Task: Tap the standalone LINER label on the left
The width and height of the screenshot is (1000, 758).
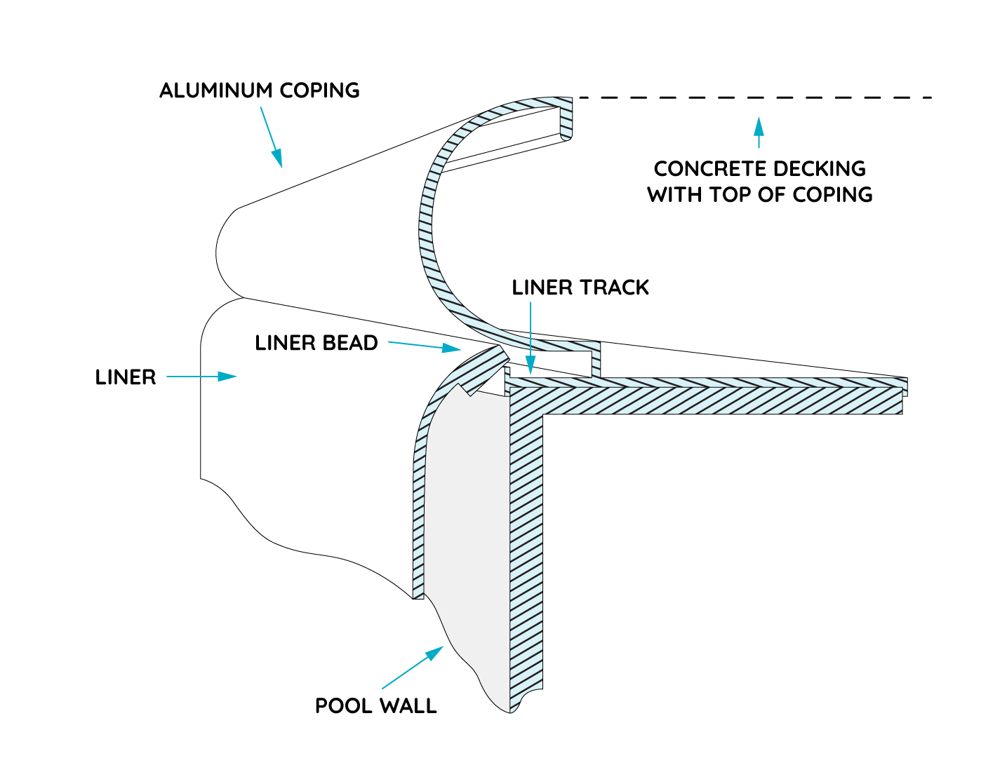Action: point(126,377)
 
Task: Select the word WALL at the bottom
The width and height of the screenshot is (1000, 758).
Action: point(408,705)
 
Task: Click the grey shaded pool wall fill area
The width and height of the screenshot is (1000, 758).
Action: point(467,526)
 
